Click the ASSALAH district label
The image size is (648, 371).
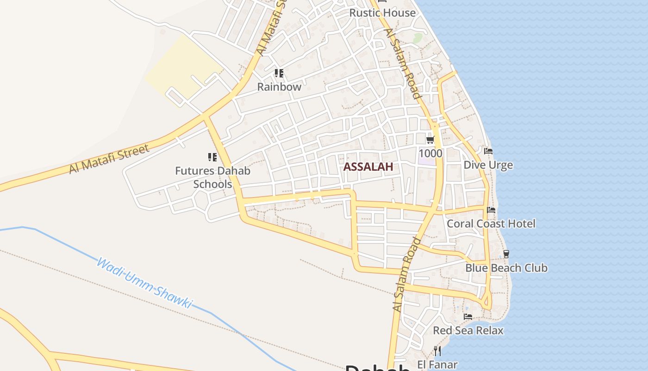pyautogui.click(x=368, y=167)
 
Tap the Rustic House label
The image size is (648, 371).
pyautogui.click(x=382, y=13)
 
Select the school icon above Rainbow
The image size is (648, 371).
pyautogui.click(x=279, y=73)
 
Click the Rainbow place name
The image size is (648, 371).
pyautogui.click(x=279, y=87)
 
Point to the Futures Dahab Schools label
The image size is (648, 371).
pyautogui.click(x=212, y=177)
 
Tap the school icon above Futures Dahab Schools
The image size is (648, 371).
pyautogui.click(x=212, y=157)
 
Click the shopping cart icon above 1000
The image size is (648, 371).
pyautogui.click(x=430, y=140)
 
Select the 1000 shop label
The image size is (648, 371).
pyautogui.click(x=430, y=153)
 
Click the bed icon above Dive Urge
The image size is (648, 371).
pyautogui.click(x=488, y=151)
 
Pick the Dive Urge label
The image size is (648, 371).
pyautogui.click(x=488, y=165)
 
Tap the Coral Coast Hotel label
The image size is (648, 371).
pyautogui.click(x=491, y=224)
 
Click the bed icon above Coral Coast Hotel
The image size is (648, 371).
pyautogui.click(x=491, y=210)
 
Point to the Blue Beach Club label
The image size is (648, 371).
pyautogui.click(x=506, y=268)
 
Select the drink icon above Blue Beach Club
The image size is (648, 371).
pyautogui.click(x=506, y=254)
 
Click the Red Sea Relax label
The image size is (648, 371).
pyautogui.click(x=468, y=330)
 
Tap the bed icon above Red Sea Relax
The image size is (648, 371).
pyautogui.click(x=468, y=317)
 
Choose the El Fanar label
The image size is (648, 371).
pyautogui.click(x=437, y=365)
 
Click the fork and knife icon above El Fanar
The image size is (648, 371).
pyautogui.click(x=437, y=351)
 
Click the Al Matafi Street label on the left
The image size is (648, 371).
pyautogui.click(x=109, y=159)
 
